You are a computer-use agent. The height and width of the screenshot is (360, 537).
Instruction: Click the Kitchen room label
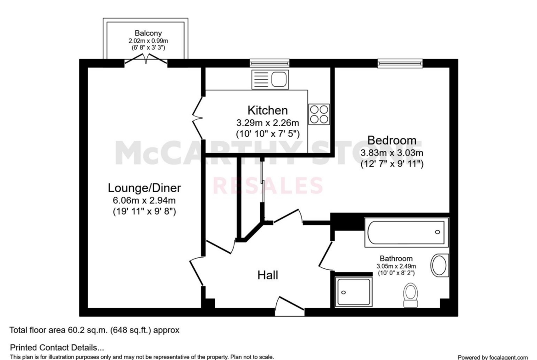coord(268,110)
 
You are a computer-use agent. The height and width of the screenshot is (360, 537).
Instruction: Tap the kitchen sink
coord(270,80)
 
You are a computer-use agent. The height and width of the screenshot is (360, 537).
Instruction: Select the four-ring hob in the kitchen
coord(319,114)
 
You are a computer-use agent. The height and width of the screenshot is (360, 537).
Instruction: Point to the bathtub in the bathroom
coord(407,232)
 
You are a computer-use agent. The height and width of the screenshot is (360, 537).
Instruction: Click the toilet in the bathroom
coord(410,295)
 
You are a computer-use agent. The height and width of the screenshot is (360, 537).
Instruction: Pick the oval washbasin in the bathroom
coord(439,265)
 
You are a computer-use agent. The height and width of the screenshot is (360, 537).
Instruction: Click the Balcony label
coord(148,33)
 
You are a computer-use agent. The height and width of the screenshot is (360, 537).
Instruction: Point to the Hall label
coord(268,275)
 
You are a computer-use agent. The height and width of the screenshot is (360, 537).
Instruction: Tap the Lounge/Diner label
coord(144,188)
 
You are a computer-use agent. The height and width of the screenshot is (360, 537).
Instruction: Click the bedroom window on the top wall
coord(400,63)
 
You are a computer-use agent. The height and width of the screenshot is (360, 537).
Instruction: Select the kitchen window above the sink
coord(269,63)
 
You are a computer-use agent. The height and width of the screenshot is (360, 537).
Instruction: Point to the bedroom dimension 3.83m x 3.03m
coord(392,153)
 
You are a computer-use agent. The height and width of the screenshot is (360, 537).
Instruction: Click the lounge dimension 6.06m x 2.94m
coord(144,200)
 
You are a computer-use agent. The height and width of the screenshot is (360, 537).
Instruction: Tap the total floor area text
coord(94,330)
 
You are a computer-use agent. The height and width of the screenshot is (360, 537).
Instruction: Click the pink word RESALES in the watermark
coord(268,185)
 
